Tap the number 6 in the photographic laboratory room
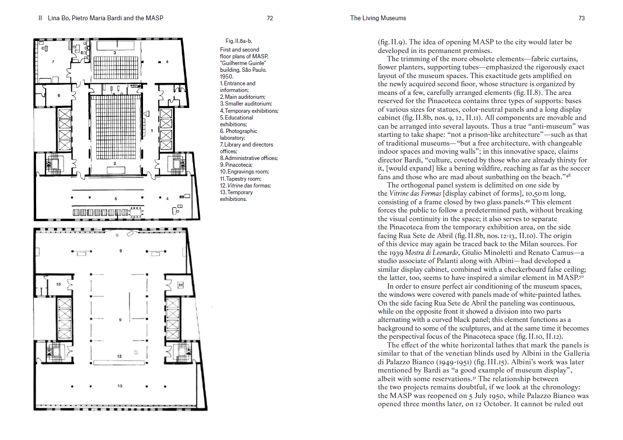59,95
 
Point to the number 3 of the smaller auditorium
115,52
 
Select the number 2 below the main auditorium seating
115,164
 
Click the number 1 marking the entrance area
152,131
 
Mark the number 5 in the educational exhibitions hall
116,198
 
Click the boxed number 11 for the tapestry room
180,285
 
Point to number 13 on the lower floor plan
120,386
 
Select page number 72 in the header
270,18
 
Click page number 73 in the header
581,18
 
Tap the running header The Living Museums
378,18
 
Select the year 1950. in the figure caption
227,77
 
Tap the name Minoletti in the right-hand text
482,253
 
